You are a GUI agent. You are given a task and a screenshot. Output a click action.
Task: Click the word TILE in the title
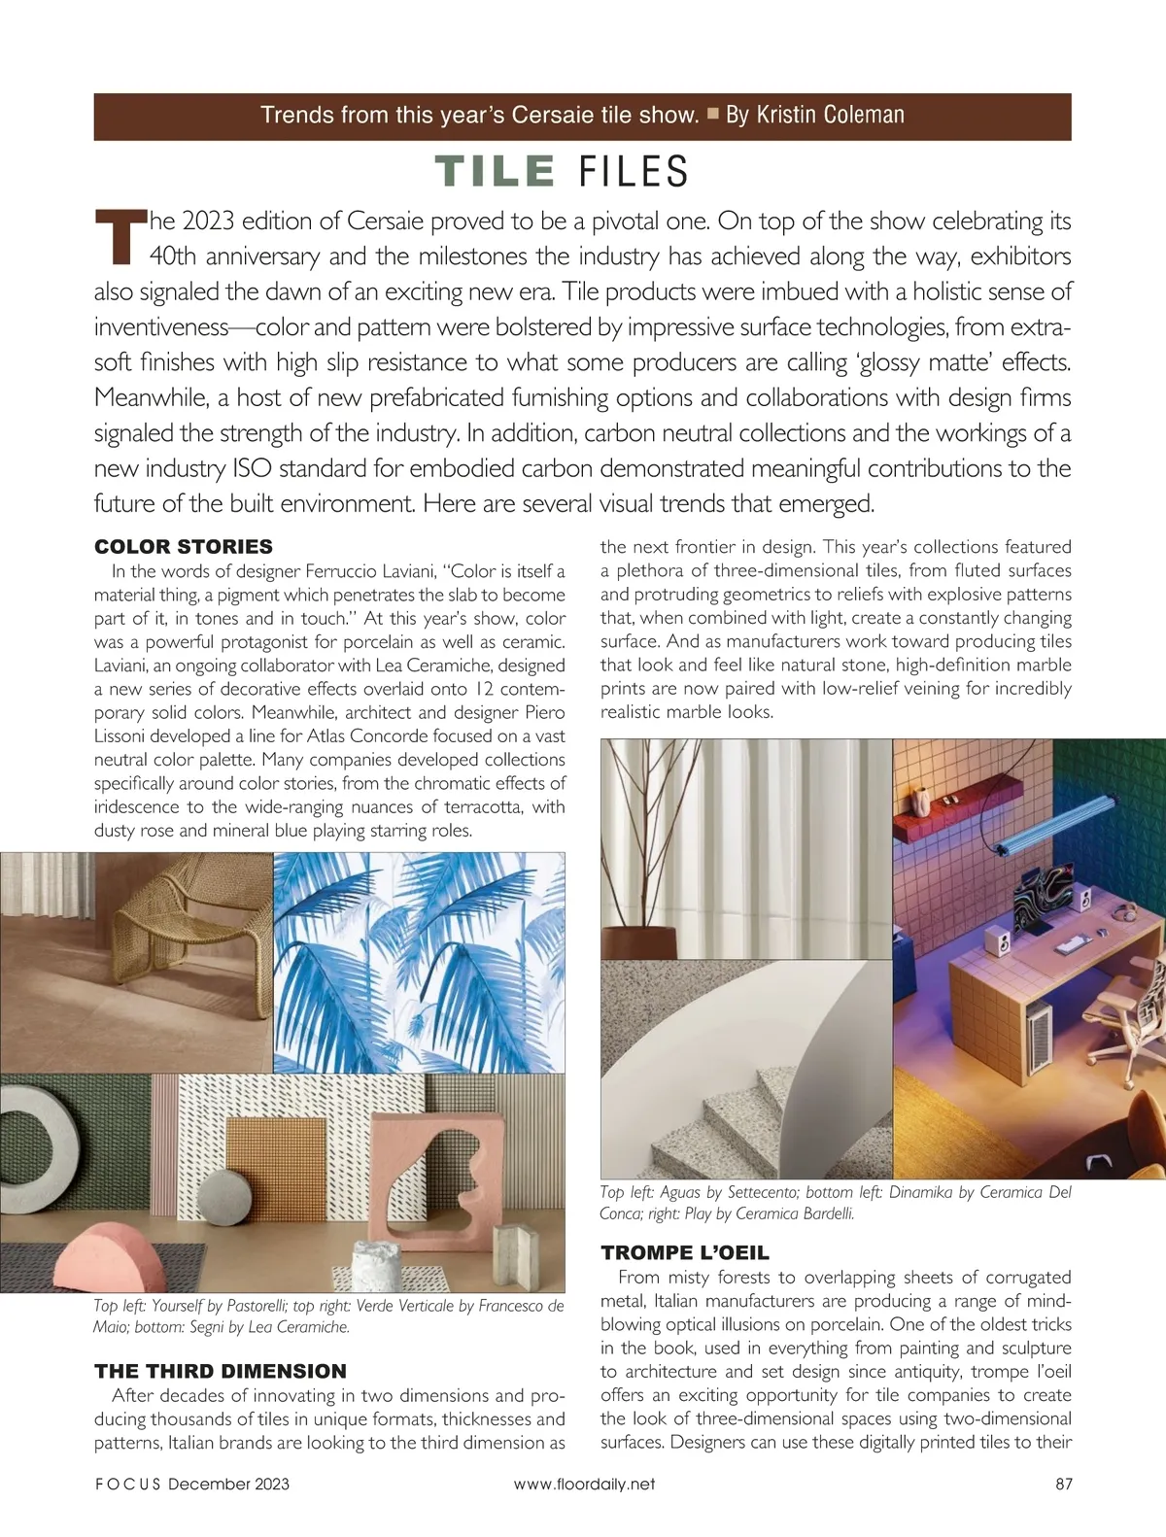[495, 171]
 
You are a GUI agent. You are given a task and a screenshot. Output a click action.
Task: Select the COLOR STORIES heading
[184, 546]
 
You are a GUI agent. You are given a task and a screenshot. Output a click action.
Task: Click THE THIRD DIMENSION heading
[221, 1371]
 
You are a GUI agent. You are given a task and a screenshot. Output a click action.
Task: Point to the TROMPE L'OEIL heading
[685, 1252]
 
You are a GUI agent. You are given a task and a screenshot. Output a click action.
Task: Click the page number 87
[1063, 1484]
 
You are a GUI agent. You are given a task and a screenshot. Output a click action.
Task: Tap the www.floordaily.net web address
[584, 1484]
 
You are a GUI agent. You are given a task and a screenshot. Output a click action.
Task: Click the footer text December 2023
[228, 1484]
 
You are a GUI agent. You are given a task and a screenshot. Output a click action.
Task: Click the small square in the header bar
[712, 114]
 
